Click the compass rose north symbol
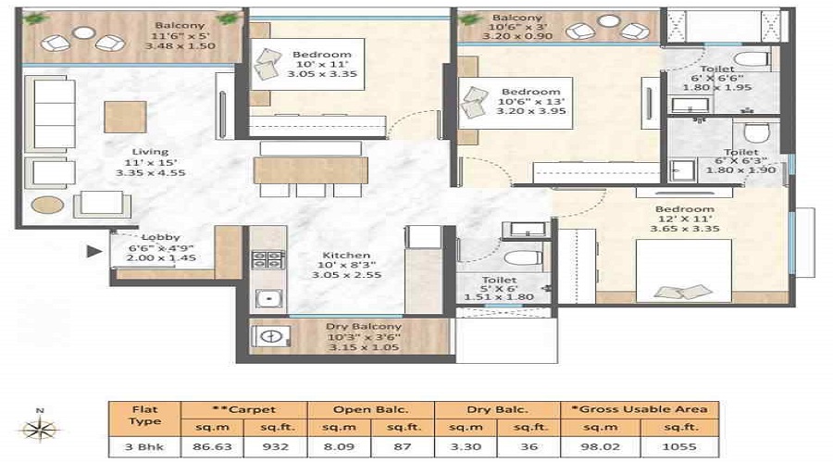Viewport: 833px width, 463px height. pyautogui.click(x=40, y=428)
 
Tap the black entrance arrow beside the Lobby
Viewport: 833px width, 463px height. pyautogui.click(x=94, y=251)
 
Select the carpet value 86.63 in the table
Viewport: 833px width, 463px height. pyautogui.click(x=212, y=446)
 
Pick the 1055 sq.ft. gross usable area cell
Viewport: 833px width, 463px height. pyautogui.click(x=679, y=446)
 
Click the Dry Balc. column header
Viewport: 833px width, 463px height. pyautogui.click(x=497, y=409)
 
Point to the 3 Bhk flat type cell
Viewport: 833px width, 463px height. pyautogui.click(x=144, y=446)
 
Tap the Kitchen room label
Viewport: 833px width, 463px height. pyautogui.click(x=346, y=256)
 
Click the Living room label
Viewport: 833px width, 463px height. pyautogui.click(x=150, y=152)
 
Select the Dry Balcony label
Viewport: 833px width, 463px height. pyautogui.click(x=364, y=326)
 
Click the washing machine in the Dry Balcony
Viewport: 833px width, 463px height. pyautogui.click(x=271, y=336)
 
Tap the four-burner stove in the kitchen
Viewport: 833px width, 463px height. pyautogui.click(x=267, y=259)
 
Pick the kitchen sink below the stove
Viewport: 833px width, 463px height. pyautogui.click(x=268, y=299)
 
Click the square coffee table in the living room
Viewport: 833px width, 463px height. pyautogui.click(x=125, y=117)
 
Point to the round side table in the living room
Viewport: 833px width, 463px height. pyautogui.click(x=48, y=205)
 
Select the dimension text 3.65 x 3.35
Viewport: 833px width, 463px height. pyautogui.click(x=685, y=229)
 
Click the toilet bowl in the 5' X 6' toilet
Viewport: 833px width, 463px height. pyautogui.click(x=523, y=259)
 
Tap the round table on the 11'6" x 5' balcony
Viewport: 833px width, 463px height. pyautogui.click(x=83, y=33)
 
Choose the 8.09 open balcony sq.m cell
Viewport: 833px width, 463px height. pyautogui.click(x=339, y=446)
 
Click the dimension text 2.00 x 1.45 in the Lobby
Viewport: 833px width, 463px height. pyautogui.click(x=161, y=257)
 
